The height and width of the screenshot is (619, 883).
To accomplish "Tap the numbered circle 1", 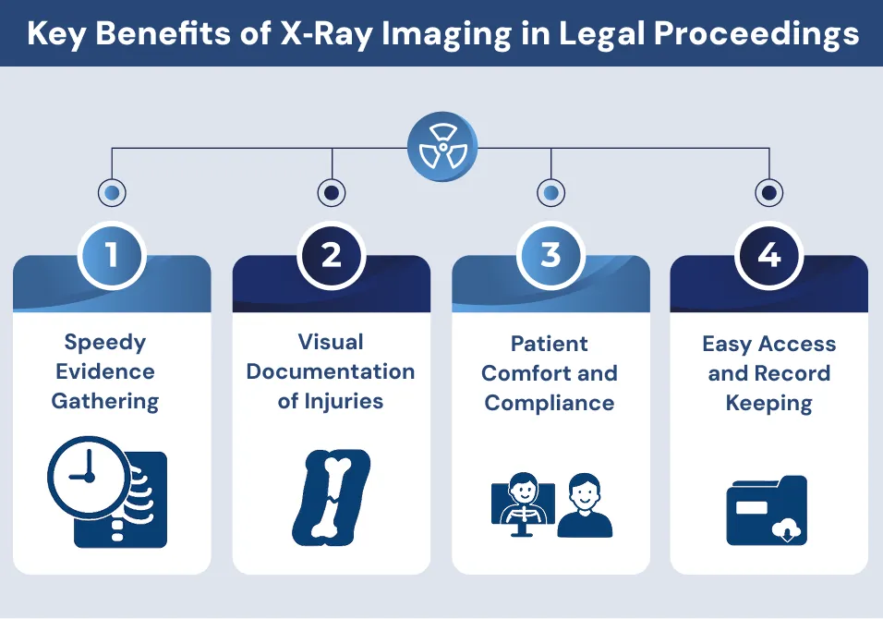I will (x=112, y=254).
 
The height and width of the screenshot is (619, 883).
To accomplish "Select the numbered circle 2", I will (x=331, y=254).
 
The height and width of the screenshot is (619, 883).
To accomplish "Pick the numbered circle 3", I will (x=550, y=254).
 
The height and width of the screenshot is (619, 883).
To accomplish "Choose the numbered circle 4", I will (x=768, y=254).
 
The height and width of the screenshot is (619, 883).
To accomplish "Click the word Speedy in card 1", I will (x=105, y=343).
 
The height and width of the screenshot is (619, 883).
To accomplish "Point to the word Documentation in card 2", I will (x=331, y=372).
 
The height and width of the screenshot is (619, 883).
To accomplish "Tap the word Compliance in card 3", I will (x=550, y=403).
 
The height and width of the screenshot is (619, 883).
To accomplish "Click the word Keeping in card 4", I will (x=768, y=404).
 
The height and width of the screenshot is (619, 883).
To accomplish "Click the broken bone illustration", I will (x=331, y=495).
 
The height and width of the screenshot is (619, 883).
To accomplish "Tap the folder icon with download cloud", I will (x=767, y=510).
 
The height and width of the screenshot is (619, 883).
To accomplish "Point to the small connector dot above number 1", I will (x=112, y=193).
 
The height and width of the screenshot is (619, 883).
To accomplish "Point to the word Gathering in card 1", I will (x=105, y=402).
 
